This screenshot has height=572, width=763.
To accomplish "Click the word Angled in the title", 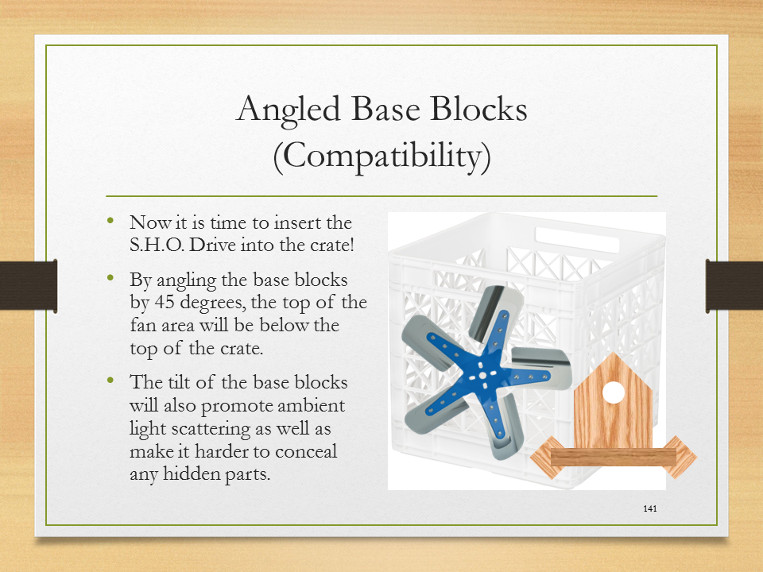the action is tap(288, 110).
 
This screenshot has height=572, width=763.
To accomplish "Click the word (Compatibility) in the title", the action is tap(381, 157).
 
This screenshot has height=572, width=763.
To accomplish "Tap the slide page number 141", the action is tap(650, 508).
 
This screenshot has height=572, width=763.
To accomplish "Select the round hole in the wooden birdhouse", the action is tap(613, 392).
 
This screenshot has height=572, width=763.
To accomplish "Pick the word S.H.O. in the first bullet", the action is tap(157, 244).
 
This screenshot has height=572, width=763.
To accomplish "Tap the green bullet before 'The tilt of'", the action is tap(110, 381).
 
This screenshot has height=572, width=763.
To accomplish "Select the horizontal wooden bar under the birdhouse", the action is tap(613, 458).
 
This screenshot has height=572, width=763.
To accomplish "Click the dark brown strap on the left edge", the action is tap(29, 285).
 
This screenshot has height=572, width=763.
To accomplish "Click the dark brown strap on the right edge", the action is tap(734, 286).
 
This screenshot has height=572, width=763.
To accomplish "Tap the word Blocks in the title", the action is tap(478, 109).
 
